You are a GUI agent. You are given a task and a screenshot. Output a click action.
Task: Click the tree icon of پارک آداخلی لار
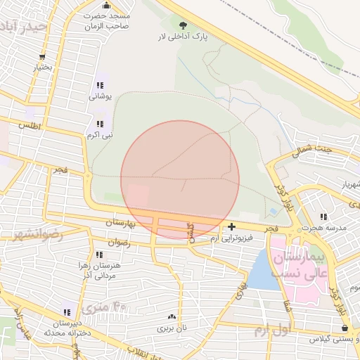pos(184,25)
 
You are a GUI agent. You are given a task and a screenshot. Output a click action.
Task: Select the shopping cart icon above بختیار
pos(43,57)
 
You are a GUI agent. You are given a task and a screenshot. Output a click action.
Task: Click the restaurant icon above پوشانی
pos(99,86)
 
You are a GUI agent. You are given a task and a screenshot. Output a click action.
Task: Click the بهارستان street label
pos(119,222)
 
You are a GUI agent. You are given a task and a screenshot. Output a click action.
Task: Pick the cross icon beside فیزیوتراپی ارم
pos(232,226)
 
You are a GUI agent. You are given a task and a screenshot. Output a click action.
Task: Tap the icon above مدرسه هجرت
pos(323,217)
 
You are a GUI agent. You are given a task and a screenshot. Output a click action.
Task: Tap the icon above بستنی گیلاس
pos(344,328)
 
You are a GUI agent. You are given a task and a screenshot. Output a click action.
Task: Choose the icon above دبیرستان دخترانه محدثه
pos(68,311)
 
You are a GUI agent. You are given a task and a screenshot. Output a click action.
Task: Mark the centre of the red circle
pos(180,180)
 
